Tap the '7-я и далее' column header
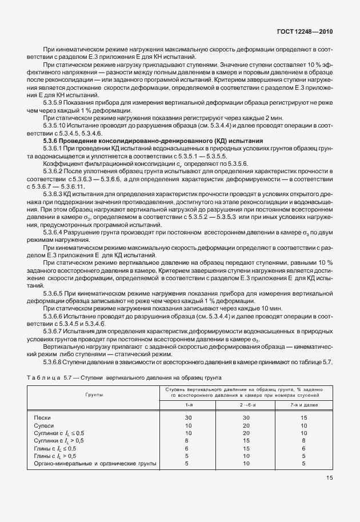[x=303, y=405]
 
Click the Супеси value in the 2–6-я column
[x=246, y=425]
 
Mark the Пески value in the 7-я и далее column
[x=303, y=418]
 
